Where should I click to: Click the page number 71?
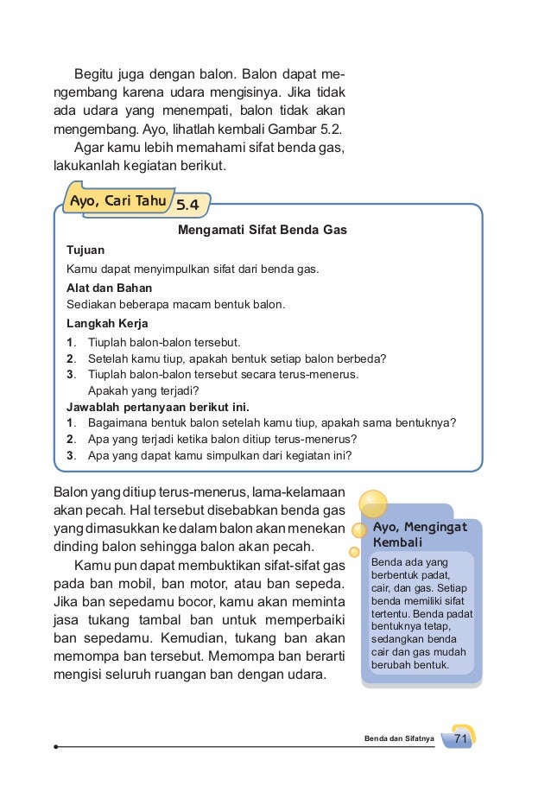click(x=459, y=738)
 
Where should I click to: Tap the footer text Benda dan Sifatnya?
click(x=399, y=739)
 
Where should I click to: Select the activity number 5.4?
click(x=187, y=206)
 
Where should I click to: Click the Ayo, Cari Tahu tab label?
click(x=117, y=202)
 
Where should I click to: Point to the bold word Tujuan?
click(x=85, y=250)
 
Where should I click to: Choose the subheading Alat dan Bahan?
click(x=107, y=287)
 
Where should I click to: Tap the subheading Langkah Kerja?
click(x=107, y=324)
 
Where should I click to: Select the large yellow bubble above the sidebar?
click(x=372, y=504)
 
